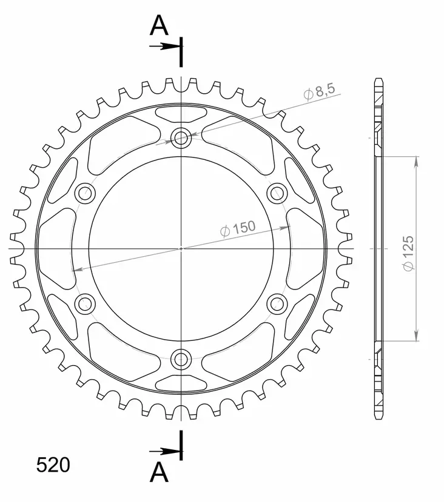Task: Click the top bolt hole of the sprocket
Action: pyautogui.click(x=181, y=138)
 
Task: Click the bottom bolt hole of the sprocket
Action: pyautogui.click(x=181, y=359)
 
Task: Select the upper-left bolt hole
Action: pyautogui.click(x=85, y=194)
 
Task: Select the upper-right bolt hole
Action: pyautogui.click(x=277, y=194)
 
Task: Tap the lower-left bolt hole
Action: pyautogui.click(x=85, y=303)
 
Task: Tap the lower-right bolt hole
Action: pyautogui.click(x=277, y=303)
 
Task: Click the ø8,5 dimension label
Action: pyautogui.click(x=319, y=92)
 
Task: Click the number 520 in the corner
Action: pyautogui.click(x=53, y=465)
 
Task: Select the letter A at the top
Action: pyautogui.click(x=159, y=25)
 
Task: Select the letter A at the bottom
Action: pyautogui.click(x=159, y=472)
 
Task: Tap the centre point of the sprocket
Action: pyautogui.click(x=181, y=248)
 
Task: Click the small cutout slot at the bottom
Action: pyautogui.click(x=181, y=383)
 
